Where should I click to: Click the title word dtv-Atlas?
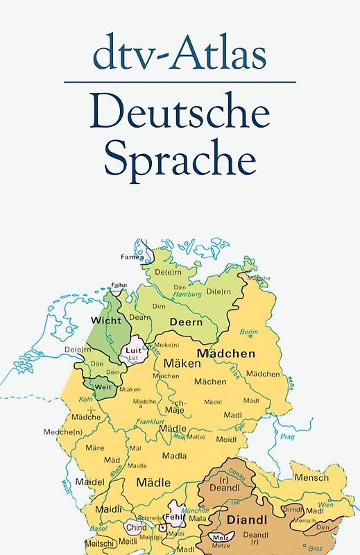pyautogui.click(x=180, y=54)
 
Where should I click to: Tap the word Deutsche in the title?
pyautogui.click(x=180, y=112)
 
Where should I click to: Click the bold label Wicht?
pyautogui.click(x=105, y=321)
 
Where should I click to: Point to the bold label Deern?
pyautogui.click(x=187, y=322)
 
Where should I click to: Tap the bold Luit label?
pyautogui.click(x=133, y=350)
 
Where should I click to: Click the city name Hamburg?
pyautogui.click(x=187, y=293)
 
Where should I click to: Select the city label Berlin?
pyautogui.click(x=248, y=332)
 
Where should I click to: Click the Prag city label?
pyautogui.click(x=287, y=437)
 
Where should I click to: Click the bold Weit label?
pyautogui.click(x=103, y=386)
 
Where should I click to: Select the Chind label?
pyautogui.click(x=137, y=527)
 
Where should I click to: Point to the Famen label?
pyautogui.click(x=135, y=257)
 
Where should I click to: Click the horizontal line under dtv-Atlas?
pyautogui.click(x=180, y=82)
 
